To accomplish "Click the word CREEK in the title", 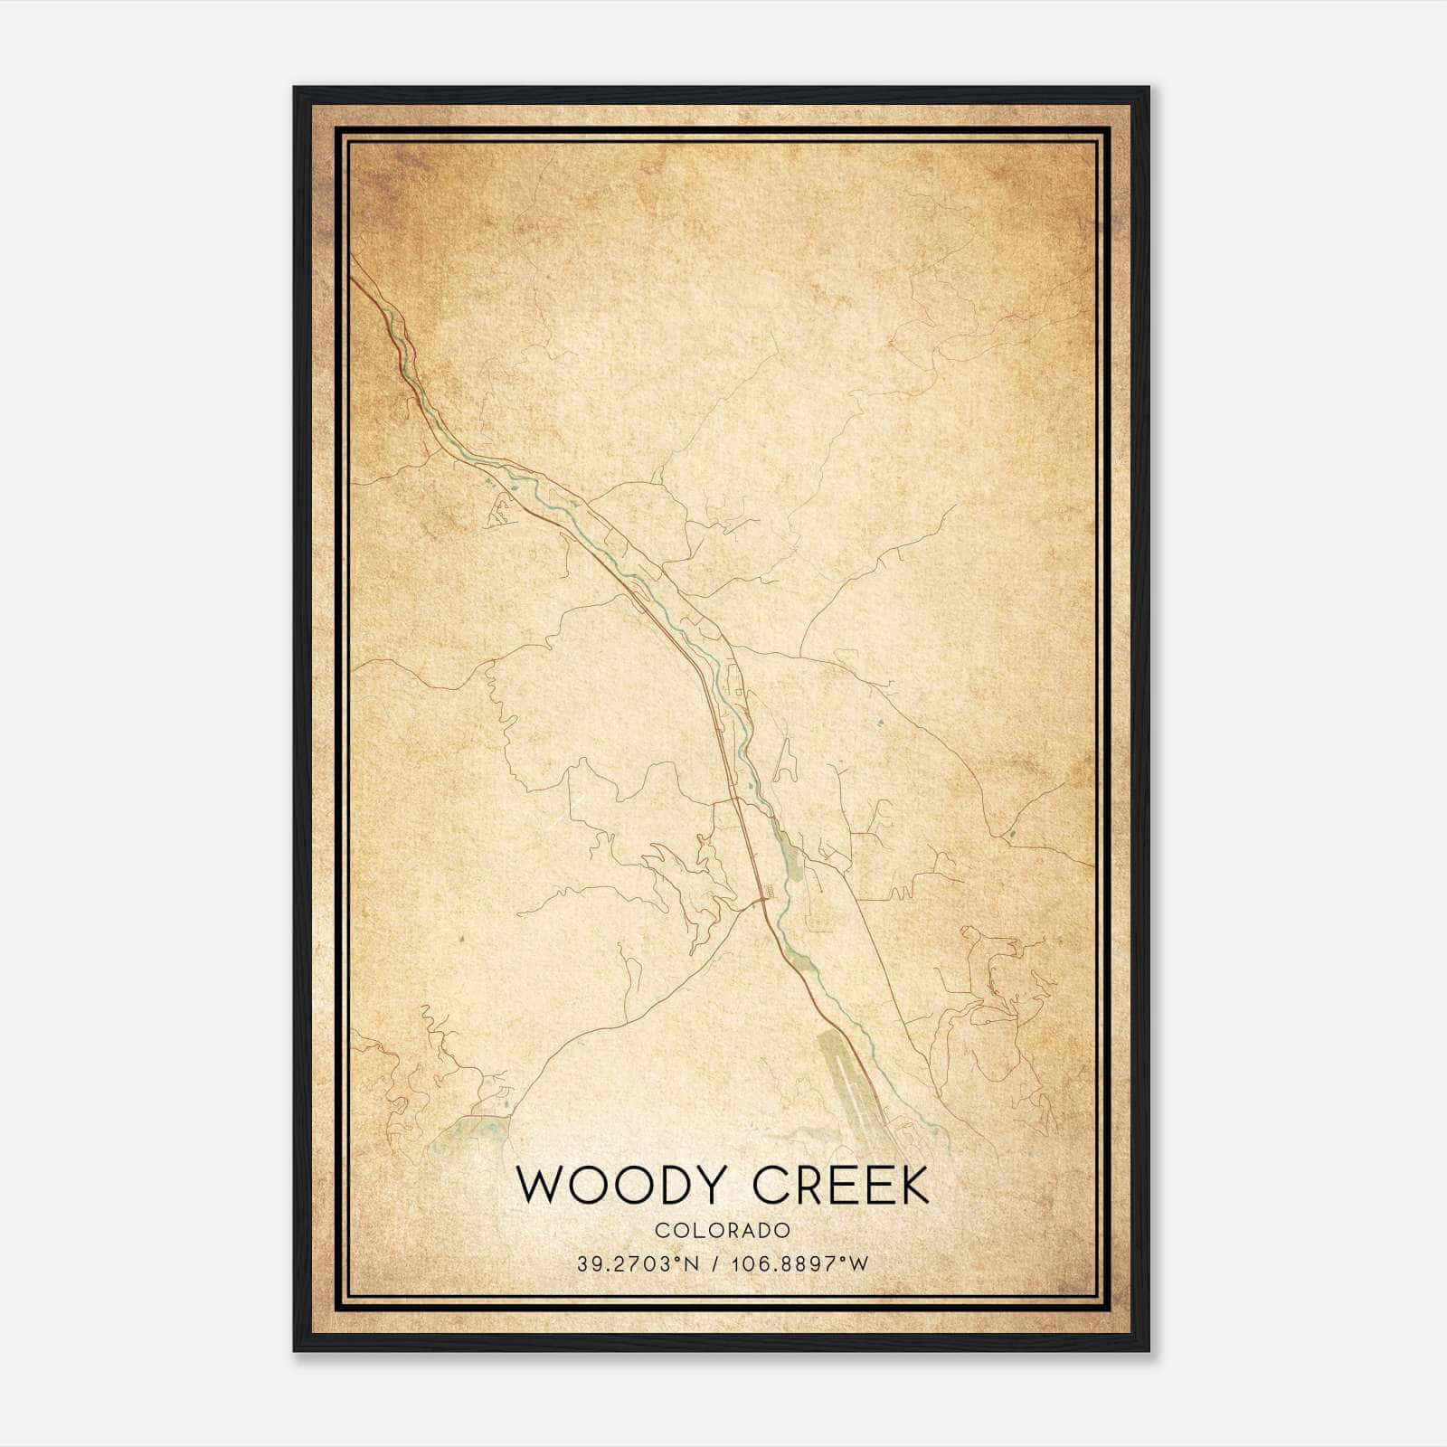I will click(x=841, y=1186).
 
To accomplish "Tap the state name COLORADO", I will click(x=723, y=1230).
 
